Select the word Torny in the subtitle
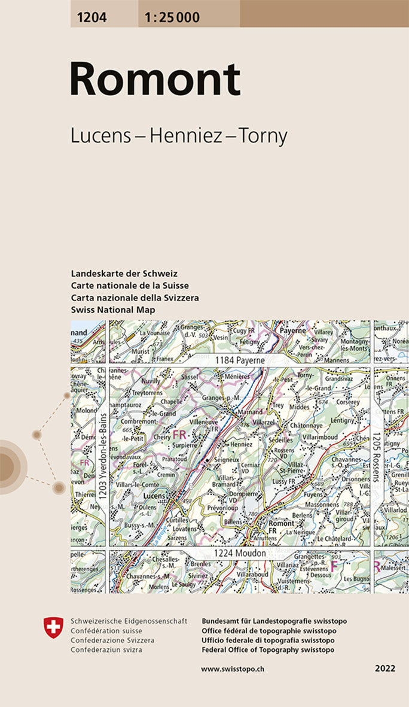263,136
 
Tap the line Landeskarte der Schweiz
124,274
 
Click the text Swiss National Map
113,309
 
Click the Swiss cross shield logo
54,627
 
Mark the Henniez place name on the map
242,444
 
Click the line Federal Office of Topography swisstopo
268,650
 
